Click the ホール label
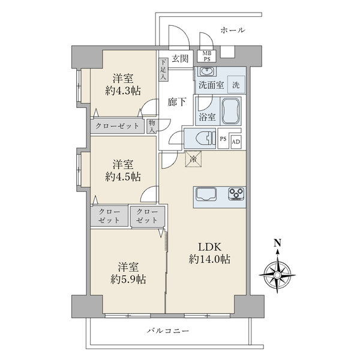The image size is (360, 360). point(233,30)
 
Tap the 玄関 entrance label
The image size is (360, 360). point(180,59)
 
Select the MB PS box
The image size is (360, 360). point(207,56)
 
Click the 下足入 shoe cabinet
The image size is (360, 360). point(163,70)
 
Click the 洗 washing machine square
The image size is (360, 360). point(236,85)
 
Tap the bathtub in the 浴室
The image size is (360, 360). point(231,111)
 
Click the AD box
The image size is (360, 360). point(236,142)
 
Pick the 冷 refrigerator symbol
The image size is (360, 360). point(194,158)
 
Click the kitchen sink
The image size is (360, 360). point(205,194)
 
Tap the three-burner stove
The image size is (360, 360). point(236,194)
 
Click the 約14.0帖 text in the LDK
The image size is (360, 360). point(209,259)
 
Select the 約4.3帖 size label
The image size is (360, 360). point(123,91)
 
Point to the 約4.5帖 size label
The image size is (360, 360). point(123,177)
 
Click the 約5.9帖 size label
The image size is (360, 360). point(128,280)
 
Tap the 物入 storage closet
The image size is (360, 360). point(152,126)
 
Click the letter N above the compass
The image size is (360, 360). point(278,242)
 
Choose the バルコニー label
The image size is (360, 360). point(168,331)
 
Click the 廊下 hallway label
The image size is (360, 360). point(177,102)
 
